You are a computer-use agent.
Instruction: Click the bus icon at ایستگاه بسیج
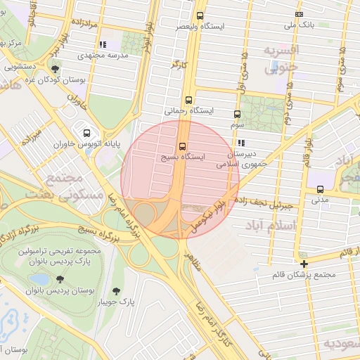coord(183,146)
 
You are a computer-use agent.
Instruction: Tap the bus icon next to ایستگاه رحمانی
coord(188,100)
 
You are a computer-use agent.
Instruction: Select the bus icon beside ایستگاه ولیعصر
coord(200,15)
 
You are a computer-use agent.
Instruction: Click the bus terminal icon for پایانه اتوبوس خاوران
coord(86,132)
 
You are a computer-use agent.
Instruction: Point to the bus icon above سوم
coord(236,114)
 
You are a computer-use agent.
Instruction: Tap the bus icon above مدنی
coord(320,189)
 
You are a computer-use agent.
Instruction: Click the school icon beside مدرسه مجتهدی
coord(103,44)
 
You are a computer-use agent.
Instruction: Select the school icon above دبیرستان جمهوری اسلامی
coord(241,143)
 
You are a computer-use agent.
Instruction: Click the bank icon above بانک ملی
coord(300,15)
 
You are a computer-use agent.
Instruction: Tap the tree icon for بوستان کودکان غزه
coord(55,69)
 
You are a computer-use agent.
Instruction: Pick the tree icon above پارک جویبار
coord(116,291)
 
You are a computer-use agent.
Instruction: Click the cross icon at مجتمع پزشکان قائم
coord(304,264)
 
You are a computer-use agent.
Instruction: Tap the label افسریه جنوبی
coord(281,59)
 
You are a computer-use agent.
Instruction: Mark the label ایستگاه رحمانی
coord(183,111)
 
